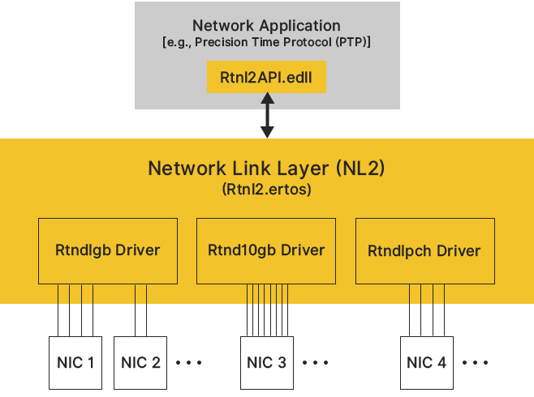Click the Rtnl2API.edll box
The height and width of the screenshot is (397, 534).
(x=266, y=77)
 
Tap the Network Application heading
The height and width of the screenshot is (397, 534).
(x=266, y=25)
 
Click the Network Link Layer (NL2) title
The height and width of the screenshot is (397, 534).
(x=266, y=169)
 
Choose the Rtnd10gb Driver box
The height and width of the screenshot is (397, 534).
(x=266, y=250)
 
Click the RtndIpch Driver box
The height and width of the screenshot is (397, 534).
(x=424, y=250)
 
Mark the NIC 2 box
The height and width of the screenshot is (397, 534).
(x=140, y=361)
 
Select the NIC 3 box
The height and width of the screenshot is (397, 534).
(x=265, y=361)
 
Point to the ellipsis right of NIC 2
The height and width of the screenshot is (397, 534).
(x=188, y=361)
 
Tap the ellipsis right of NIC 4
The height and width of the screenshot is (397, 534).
(x=474, y=361)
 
